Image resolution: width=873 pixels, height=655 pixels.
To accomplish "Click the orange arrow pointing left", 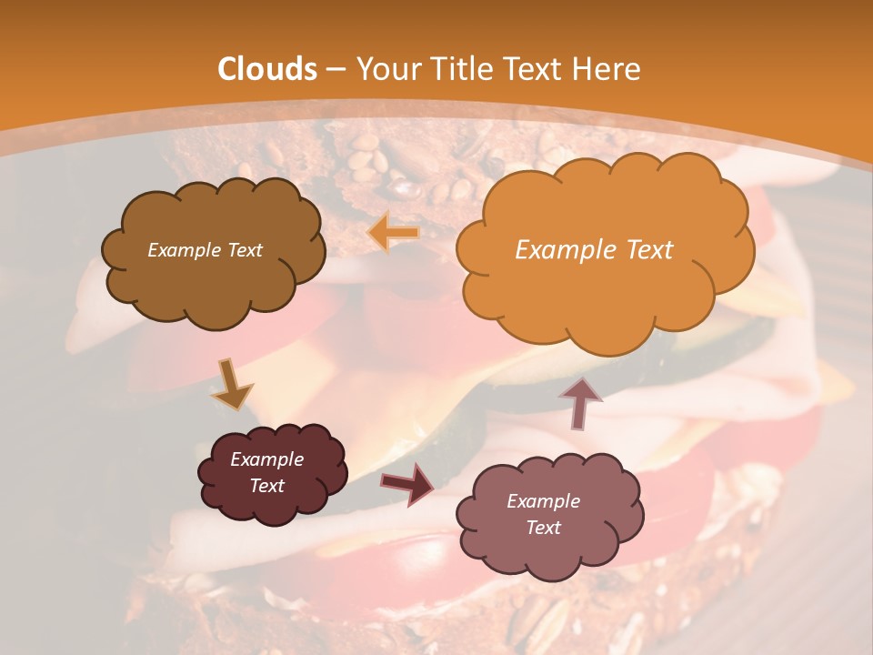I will click(x=394, y=234).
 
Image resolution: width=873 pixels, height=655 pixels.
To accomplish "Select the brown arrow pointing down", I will click(x=232, y=385).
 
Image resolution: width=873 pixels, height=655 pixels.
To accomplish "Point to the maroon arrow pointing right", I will click(x=406, y=483).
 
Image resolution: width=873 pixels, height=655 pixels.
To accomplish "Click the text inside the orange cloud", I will click(x=594, y=250).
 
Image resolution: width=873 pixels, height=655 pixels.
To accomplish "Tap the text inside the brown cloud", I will click(x=205, y=250).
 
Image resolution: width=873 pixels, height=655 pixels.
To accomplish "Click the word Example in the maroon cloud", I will click(x=266, y=459).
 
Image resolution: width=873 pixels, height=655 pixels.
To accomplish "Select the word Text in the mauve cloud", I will click(x=543, y=528).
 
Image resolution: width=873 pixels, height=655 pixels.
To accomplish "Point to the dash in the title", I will click(x=335, y=70).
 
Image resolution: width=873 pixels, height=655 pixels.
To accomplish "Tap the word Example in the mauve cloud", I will click(x=543, y=501).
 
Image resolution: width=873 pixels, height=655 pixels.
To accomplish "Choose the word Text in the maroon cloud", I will click(x=266, y=486).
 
